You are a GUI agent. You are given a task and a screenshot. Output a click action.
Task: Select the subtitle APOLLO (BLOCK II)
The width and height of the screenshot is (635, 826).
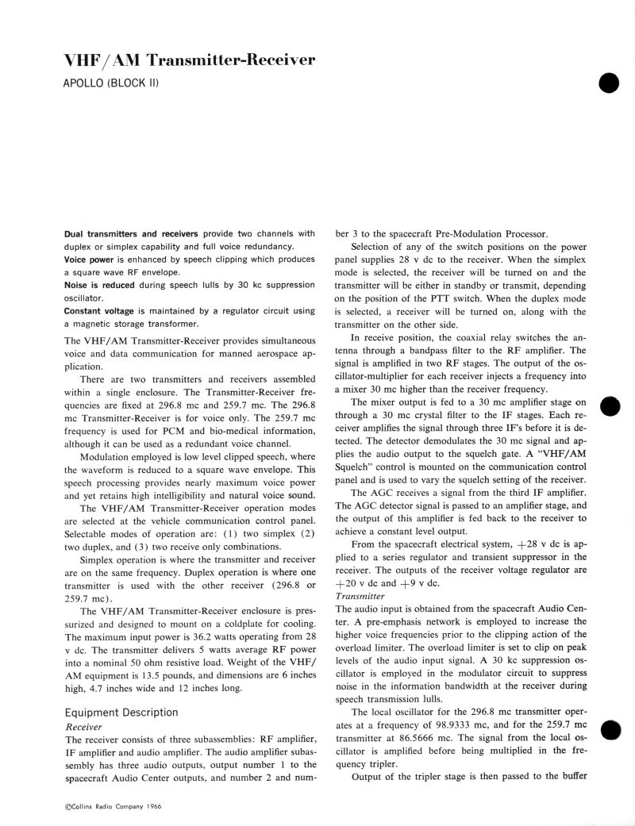pos(111,83)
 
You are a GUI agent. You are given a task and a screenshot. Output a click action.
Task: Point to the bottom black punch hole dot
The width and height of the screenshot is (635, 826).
pos(609,729)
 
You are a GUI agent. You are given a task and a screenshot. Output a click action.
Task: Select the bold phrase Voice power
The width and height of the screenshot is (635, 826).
pos(90,259)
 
